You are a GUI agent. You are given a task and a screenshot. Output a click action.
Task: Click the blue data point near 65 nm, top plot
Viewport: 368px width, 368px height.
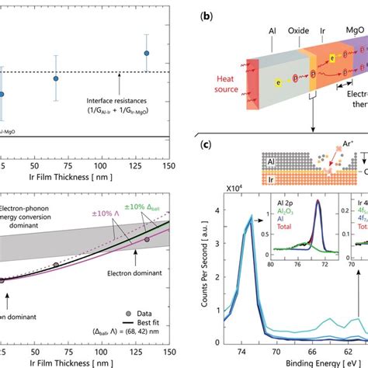pos(55,78)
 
